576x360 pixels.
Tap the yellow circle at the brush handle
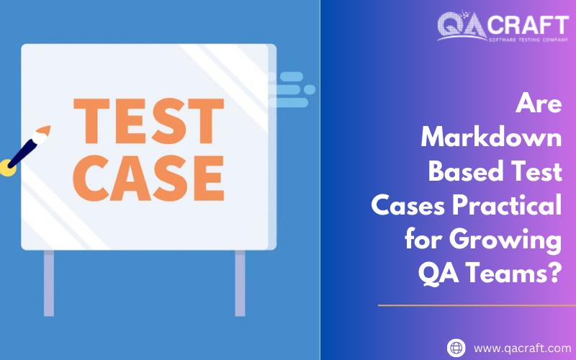coord(8,168)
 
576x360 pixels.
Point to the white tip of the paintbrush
coord(42,134)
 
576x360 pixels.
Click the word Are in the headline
coord(539,104)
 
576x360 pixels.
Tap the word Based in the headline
coord(461,172)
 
